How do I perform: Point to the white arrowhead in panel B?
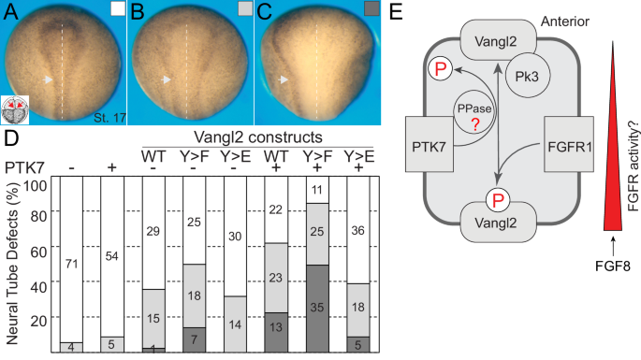click(x=167, y=80)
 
